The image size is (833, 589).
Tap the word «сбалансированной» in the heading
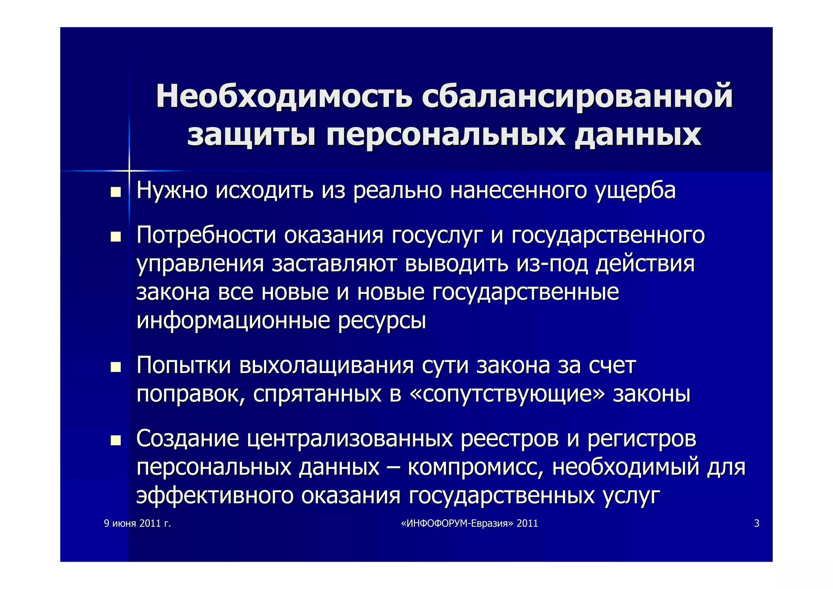coord(577,96)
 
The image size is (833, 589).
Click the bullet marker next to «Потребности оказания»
coord(116,236)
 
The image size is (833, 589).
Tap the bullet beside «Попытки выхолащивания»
coord(116,367)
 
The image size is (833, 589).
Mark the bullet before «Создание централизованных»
coord(116,440)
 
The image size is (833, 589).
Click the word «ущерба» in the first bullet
coord(635,190)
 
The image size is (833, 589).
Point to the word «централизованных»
coord(350,439)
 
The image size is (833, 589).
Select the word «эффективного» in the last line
coord(215,496)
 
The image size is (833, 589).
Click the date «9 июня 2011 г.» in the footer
coord(137,523)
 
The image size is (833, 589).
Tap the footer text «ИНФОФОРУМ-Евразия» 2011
coord(469,523)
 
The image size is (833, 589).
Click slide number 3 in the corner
coord(757,523)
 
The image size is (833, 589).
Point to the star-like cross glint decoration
coord(129,171)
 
